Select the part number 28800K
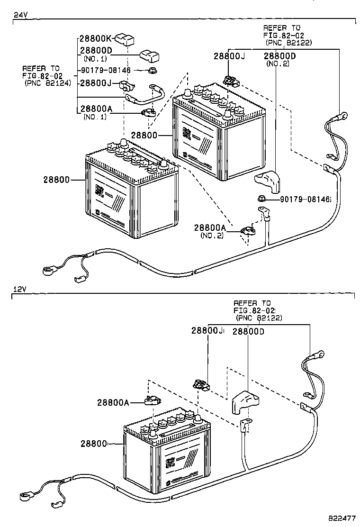coord(95,38)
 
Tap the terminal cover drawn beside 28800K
coord(126,39)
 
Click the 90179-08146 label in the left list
coord(105,71)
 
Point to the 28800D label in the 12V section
coord(248,332)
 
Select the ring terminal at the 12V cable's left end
coord(24,496)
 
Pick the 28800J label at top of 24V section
coord(229,55)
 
